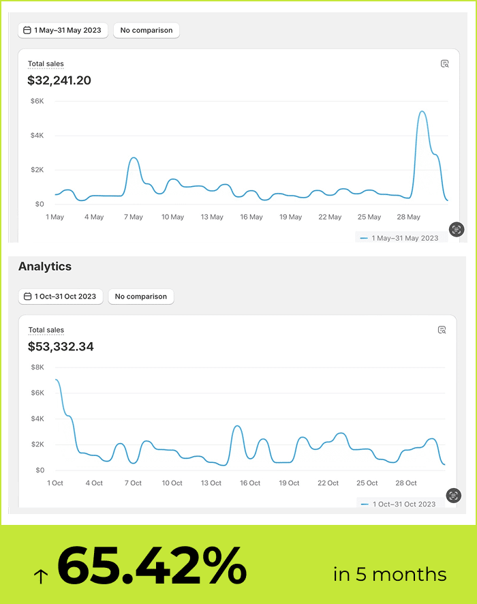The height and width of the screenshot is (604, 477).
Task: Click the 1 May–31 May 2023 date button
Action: click(63, 31)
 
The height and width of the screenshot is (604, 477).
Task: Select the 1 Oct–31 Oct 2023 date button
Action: click(61, 297)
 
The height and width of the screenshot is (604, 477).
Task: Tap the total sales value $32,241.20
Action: click(59, 80)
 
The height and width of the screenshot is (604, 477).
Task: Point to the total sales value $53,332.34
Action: click(61, 346)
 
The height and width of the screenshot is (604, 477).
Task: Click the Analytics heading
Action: click(45, 267)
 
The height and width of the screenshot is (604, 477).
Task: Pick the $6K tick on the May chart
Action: click(37, 101)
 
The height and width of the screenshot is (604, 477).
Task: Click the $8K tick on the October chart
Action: click(37, 367)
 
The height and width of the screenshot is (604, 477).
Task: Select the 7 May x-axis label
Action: click(133, 217)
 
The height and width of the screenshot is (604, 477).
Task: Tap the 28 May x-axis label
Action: click(409, 217)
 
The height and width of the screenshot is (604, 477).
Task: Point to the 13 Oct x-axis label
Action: click(211, 483)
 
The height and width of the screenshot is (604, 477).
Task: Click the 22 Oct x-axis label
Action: click(328, 483)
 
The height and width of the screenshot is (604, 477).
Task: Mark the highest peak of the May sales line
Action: click(422, 111)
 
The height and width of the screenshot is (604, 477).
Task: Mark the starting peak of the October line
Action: click(56, 380)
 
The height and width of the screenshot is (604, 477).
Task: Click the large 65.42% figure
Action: click(151, 566)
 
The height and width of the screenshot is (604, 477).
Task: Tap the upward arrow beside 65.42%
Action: click(41, 576)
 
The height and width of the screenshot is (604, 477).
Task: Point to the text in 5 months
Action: click(390, 574)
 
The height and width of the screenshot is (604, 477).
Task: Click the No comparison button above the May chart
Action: click(147, 31)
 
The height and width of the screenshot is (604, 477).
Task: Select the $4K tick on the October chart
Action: click(37, 419)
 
